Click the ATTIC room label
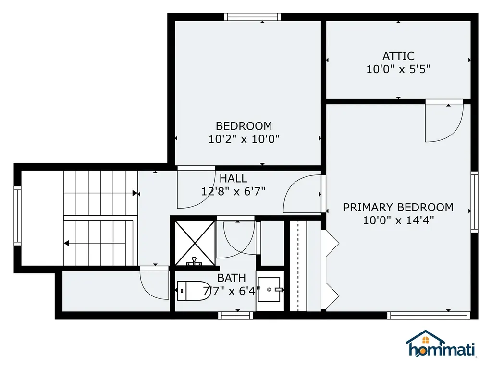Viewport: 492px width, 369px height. click(x=398, y=56)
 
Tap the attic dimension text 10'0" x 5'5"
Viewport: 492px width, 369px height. click(x=398, y=69)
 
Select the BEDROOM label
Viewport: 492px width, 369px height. click(x=244, y=126)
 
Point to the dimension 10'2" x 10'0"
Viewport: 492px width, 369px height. click(x=244, y=139)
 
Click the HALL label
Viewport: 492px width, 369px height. click(x=234, y=179)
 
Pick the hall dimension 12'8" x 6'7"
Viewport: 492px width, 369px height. click(x=234, y=191)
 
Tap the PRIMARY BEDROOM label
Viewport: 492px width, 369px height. click(x=398, y=208)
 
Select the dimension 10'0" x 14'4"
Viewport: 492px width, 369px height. click(x=398, y=221)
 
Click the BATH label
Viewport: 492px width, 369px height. click(x=232, y=278)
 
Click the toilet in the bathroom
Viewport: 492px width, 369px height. click(x=192, y=290)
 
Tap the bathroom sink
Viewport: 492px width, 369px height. click(x=270, y=290)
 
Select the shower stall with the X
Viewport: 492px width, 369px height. click(x=195, y=243)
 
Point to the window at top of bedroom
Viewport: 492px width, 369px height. click(x=252, y=17)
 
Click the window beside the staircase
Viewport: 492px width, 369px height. click(x=18, y=215)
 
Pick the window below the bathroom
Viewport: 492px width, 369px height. click(x=235, y=315)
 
